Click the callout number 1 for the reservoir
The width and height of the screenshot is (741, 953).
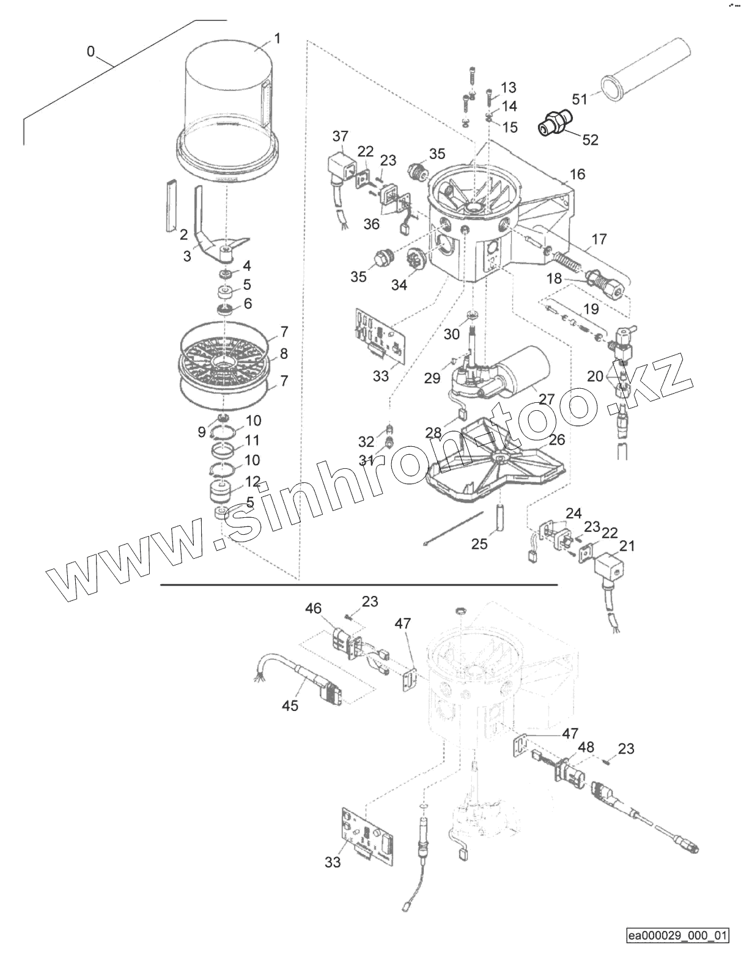[277, 39]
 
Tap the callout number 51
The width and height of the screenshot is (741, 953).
[579, 99]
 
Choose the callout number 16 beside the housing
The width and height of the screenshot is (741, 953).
[577, 174]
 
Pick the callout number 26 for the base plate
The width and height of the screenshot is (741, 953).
[556, 440]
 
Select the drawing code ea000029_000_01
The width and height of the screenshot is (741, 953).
[677, 936]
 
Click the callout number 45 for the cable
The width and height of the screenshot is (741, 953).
[290, 705]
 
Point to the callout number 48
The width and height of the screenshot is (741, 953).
[586, 747]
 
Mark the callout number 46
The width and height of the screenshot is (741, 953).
[314, 609]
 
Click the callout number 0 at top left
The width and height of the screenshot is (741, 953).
[90, 51]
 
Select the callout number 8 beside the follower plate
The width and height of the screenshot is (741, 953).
[283, 354]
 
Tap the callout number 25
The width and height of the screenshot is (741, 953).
[479, 543]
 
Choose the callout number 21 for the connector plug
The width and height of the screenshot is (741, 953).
[627, 546]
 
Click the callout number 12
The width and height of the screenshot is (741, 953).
[253, 482]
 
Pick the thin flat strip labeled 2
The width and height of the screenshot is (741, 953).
[169, 206]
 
